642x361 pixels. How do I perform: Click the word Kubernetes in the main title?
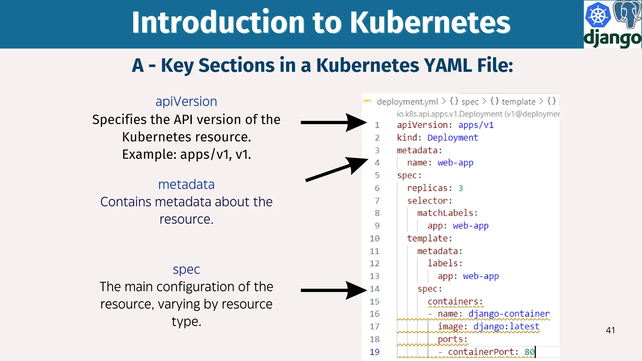tap(430, 23)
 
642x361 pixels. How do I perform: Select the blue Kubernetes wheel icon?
tap(598, 15)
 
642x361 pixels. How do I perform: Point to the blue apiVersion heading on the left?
tap(186, 102)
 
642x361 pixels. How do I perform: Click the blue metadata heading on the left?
tap(186, 184)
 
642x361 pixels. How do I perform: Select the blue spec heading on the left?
tap(186, 269)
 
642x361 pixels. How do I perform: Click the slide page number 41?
tap(610, 330)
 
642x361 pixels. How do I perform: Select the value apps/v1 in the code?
tap(476, 125)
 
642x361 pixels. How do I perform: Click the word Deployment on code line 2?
tap(453, 138)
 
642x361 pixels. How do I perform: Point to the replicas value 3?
tap(460, 188)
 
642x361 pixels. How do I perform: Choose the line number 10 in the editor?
tap(375, 238)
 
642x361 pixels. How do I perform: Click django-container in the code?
tap(509, 314)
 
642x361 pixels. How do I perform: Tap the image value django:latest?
tap(506, 327)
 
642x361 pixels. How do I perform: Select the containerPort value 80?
tap(529, 352)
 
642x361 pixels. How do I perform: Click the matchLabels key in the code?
tap(447, 213)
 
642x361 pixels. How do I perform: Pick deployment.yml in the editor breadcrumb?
tap(407, 102)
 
